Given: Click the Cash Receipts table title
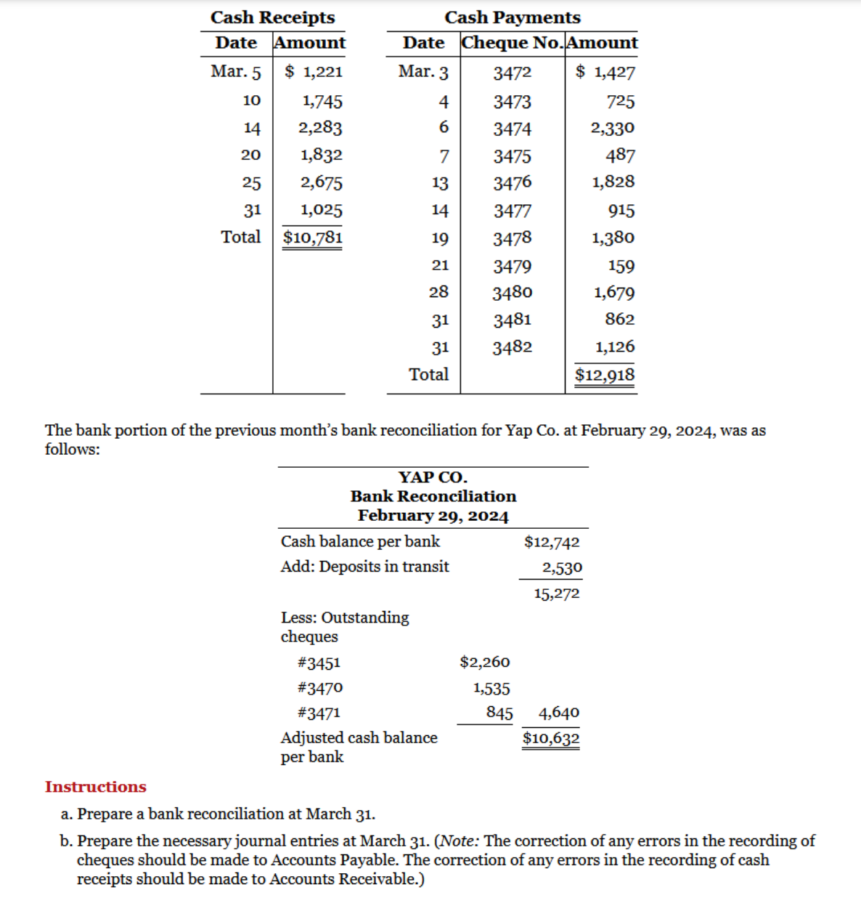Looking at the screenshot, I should pos(272,17).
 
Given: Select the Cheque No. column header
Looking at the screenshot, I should pos(512,43).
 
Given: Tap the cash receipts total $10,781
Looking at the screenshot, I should pos(312,238).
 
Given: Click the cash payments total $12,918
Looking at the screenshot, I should pos(604,375).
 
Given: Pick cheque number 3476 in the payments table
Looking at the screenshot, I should pos(512,182).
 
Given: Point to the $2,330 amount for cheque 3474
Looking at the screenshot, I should pos(612,128).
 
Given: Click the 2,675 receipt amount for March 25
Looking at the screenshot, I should pos(321,182).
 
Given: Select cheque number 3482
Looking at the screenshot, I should pos(512,347).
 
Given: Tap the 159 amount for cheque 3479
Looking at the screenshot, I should pos(621,266).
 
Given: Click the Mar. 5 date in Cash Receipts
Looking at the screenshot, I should pos(235,71).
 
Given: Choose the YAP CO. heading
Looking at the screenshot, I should pos(433,477).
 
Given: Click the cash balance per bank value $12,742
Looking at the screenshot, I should pos(552,542).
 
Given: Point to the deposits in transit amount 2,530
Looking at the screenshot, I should pos(562,567).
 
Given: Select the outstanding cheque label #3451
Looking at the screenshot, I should pos(319,663).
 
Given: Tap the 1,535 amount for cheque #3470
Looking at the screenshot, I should pos(491,688).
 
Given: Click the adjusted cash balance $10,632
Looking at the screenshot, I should pos(551,739).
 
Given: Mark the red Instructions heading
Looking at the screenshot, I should pos(95,787).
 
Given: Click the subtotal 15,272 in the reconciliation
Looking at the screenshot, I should pos(557,594).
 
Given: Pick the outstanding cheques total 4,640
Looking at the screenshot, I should pos(558,713).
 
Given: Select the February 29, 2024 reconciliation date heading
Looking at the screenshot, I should pos(433,516).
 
